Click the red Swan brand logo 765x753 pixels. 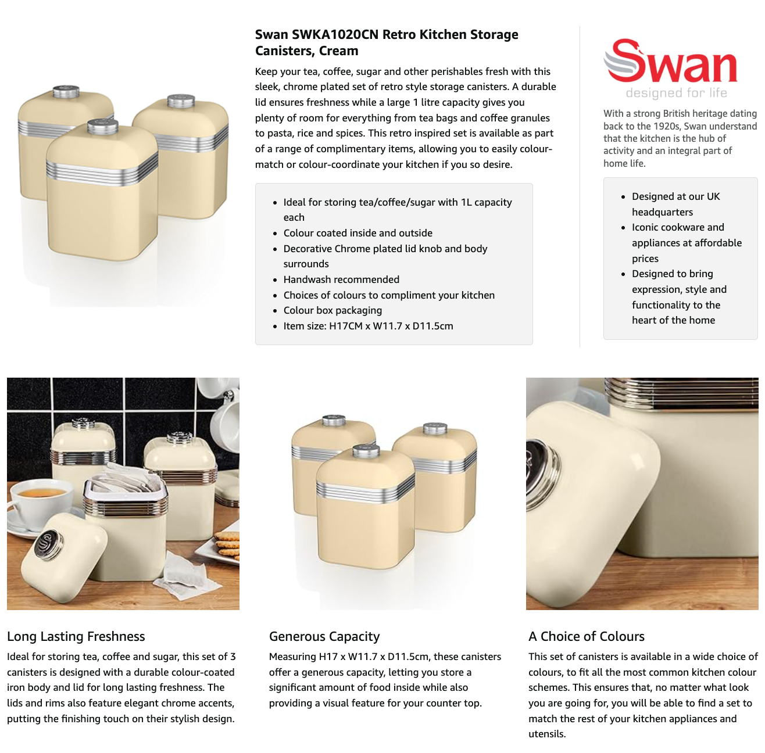(x=670, y=61)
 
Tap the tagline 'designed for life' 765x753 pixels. (x=676, y=93)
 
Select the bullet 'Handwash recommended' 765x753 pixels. (x=341, y=279)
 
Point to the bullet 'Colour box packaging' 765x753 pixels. (x=333, y=310)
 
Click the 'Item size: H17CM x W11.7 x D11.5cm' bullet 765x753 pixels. (x=368, y=326)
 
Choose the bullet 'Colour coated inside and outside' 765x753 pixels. (x=358, y=233)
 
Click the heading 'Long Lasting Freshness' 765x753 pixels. (x=76, y=636)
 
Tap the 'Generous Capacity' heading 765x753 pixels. (x=324, y=636)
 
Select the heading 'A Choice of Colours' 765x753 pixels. (x=587, y=636)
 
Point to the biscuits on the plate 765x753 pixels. (x=227, y=545)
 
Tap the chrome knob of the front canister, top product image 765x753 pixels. (x=103, y=127)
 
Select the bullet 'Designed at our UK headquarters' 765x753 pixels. (x=675, y=204)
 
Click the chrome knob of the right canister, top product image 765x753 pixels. (x=181, y=101)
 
